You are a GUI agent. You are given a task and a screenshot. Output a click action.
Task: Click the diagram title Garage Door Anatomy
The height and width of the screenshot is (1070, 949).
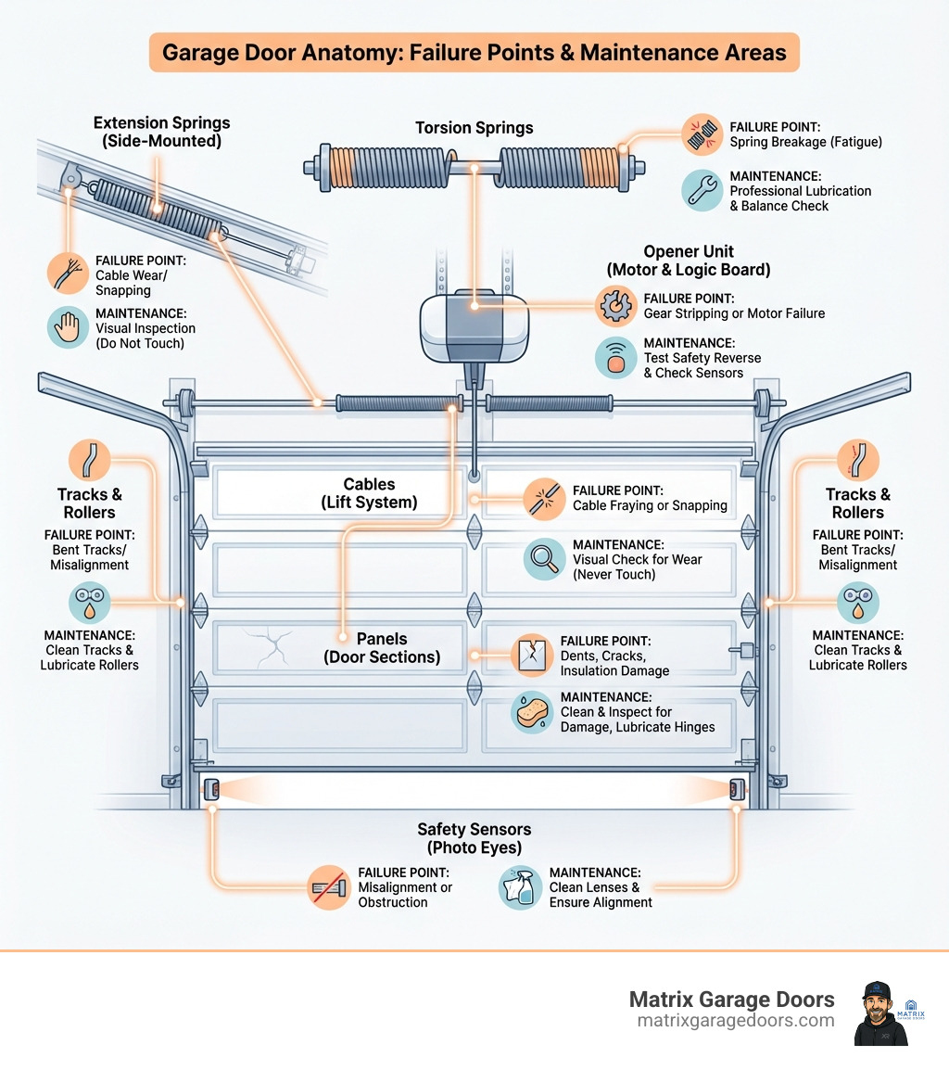tap(474, 53)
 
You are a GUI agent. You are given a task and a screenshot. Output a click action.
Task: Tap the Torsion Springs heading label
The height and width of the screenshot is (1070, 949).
tap(474, 128)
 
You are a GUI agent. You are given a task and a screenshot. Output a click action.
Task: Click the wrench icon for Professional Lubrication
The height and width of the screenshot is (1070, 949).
tap(702, 189)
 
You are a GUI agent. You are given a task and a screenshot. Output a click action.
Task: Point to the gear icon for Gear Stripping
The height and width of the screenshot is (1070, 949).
tap(614, 305)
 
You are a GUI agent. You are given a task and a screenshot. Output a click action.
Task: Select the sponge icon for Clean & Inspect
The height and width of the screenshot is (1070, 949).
tap(532, 711)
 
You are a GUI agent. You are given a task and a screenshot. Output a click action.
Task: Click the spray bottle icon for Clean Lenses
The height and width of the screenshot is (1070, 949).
tap(519, 887)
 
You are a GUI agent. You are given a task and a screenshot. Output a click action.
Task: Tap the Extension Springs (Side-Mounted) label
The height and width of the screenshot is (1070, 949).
tap(161, 131)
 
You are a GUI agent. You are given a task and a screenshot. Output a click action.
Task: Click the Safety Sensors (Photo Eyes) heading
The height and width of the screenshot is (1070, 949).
tap(474, 838)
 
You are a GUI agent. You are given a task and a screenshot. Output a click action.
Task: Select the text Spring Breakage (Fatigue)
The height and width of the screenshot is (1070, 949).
tap(805, 142)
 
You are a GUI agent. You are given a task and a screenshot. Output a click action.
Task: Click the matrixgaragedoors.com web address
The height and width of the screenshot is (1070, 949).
tap(735, 1020)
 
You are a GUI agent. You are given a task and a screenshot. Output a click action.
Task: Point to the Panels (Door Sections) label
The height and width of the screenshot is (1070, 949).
tap(382, 647)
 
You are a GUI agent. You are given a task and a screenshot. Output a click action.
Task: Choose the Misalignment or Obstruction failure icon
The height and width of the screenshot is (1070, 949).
tap(328, 887)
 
